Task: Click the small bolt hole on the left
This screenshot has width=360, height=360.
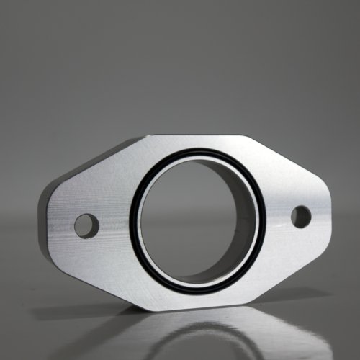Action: click(86, 225)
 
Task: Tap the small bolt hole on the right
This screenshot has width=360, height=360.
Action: click(301, 216)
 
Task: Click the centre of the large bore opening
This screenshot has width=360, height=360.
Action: click(198, 220)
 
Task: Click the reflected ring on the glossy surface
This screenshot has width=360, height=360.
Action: click(198, 338)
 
